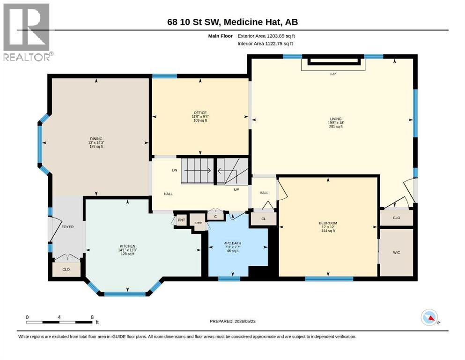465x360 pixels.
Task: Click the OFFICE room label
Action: point(200,113)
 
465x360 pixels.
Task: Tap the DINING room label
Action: point(96,139)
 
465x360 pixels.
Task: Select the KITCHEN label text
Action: point(127,246)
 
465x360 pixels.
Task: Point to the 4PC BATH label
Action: point(232,243)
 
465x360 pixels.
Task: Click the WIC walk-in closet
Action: point(397,253)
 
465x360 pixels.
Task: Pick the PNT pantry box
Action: point(181,220)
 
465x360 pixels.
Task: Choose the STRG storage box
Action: point(199,222)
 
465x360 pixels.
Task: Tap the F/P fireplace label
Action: point(333,74)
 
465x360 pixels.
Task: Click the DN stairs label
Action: point(175,170)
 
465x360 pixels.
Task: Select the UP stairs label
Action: point(236,189)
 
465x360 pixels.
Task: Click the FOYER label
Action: point(67,227)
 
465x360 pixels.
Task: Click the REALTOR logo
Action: point(28,32)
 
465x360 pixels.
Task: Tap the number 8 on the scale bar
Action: point(92,317)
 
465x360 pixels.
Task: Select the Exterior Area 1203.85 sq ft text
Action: point(266,36)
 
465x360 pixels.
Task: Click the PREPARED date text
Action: point(232,321)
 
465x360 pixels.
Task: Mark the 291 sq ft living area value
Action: point(336,127)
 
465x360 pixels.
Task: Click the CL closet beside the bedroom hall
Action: point(264,219)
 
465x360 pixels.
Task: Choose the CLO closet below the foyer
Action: point(66,269)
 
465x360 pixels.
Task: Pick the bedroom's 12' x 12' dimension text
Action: point(328,227)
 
